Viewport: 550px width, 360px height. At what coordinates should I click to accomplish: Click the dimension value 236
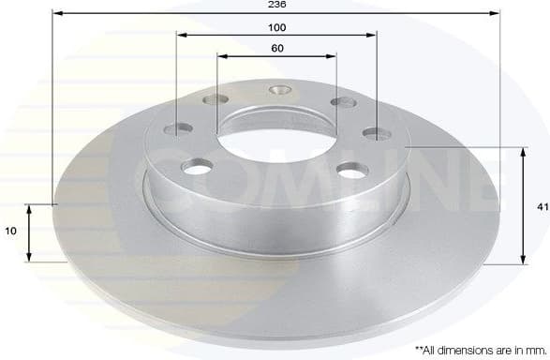[x=276, y=5]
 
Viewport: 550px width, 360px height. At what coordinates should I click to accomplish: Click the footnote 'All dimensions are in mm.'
[x=469, y=348]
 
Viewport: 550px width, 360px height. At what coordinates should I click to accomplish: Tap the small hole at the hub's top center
[x=277, y=91]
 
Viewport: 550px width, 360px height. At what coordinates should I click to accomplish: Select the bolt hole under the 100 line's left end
[x=178, y=130]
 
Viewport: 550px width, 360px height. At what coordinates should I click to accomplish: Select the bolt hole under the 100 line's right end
[x=376, y=134]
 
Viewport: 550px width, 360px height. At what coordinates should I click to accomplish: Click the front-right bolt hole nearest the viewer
[x=350, y=170]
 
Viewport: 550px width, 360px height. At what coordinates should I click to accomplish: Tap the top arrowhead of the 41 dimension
[x=522, y=151]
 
